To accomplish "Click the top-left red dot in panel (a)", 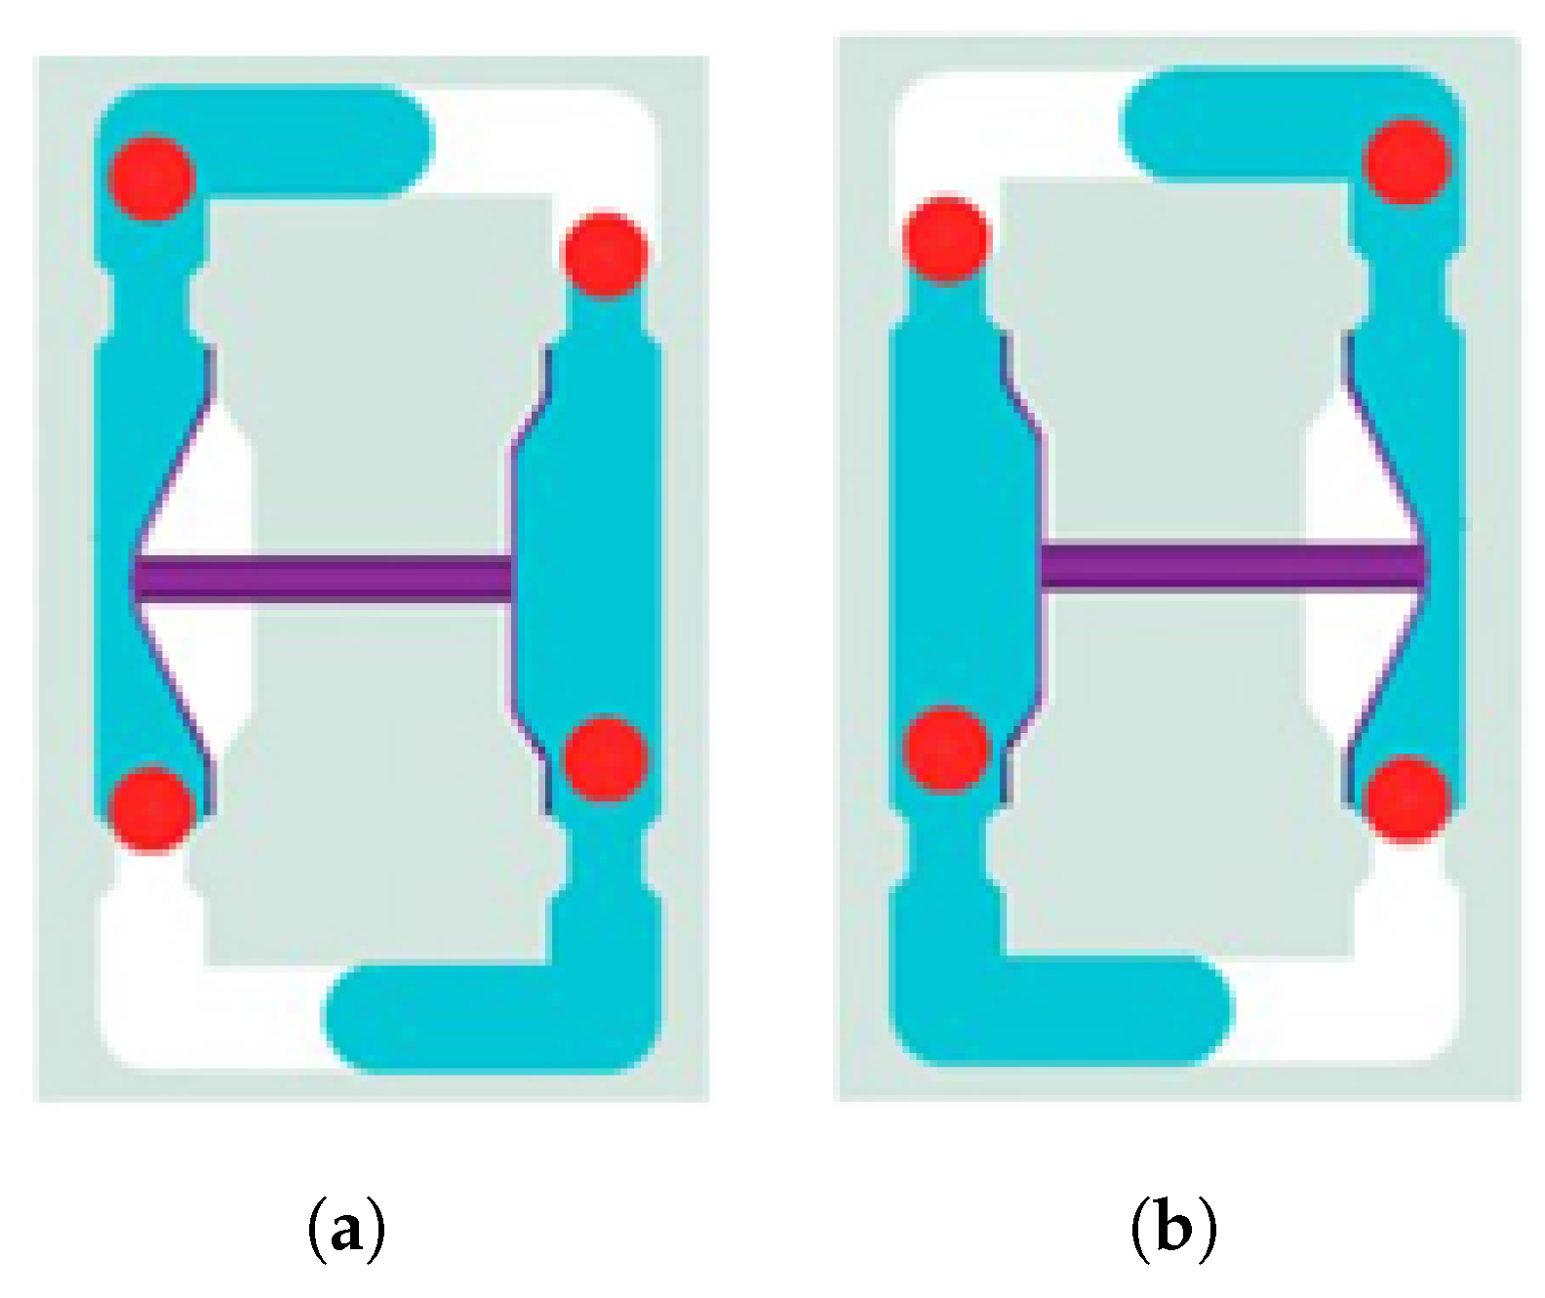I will click(151, 178).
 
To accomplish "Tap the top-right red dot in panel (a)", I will click(606, 253).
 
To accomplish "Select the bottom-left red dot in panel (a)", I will click(151, 809).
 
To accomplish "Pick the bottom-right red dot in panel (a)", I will click(606, 758).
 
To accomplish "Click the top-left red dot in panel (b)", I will click(946, 239).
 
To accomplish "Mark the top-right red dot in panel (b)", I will click(1406, 162).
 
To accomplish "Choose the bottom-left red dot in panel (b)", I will click(946, 750).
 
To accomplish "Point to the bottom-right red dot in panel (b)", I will click(1406, 798).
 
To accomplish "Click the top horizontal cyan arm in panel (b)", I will click(1268, 124).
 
